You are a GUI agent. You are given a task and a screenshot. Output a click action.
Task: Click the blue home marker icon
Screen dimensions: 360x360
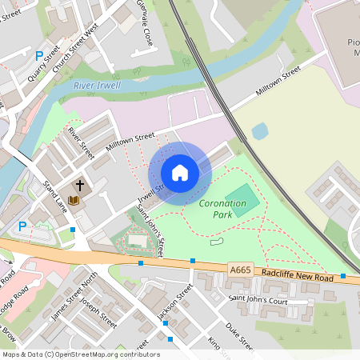point(180,173)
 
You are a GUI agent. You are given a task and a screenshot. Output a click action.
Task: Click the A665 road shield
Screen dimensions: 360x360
point(238,271)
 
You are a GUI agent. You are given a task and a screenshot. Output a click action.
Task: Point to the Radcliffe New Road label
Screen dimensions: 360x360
point(297,275)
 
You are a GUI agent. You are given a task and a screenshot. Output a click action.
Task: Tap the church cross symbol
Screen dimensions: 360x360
point(80,185)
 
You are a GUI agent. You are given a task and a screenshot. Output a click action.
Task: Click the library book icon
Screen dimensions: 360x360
point(74,199)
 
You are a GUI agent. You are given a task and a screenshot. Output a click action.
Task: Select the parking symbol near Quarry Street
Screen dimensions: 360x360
point(39,56)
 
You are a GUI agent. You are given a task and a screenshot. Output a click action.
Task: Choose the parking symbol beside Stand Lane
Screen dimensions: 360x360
point(22,226)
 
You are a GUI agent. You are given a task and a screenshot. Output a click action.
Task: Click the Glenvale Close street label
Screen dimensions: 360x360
point(145,26)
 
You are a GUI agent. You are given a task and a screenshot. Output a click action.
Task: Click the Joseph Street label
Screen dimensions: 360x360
point(98,315)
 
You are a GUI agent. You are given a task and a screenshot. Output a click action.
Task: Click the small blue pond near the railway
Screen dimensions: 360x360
point(259,131)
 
